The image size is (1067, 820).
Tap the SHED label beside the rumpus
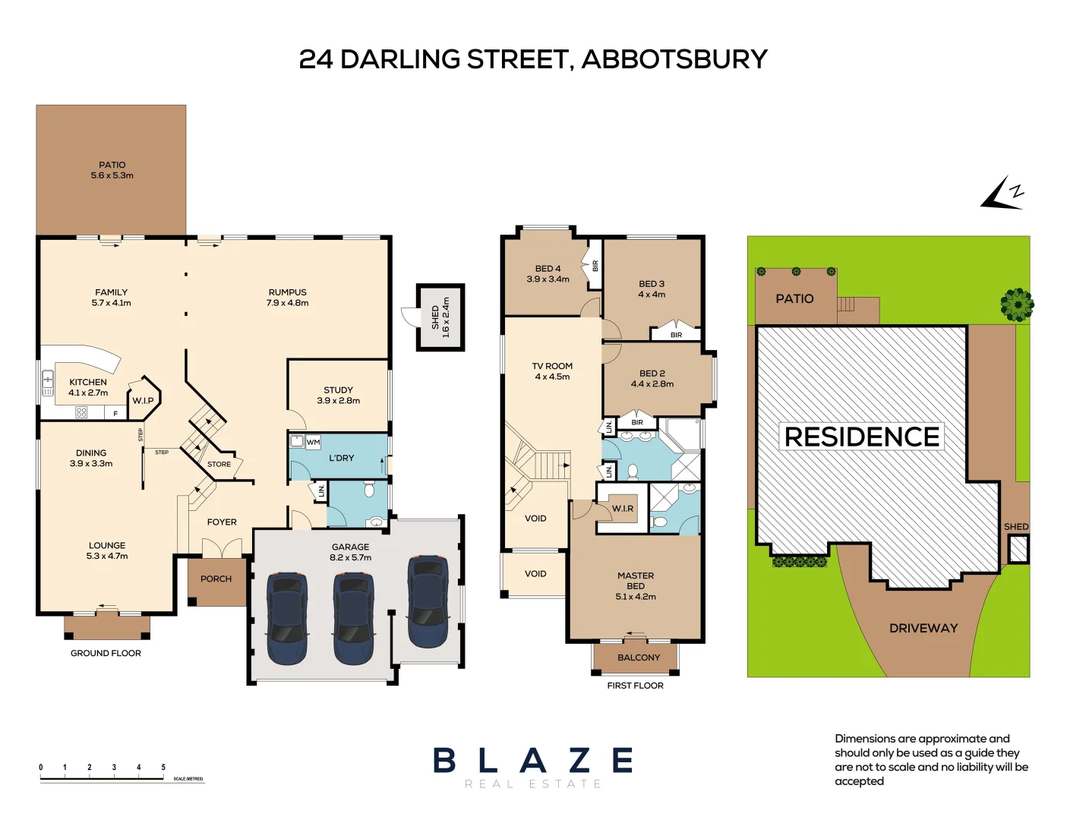tap(440, 317)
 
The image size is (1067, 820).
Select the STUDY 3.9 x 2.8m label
tap(338, 395)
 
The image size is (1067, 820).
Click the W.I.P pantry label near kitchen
tap(143, 401)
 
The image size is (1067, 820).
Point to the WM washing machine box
tap(313, 442)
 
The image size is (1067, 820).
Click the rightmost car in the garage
tap(428, 601)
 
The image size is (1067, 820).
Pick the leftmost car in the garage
tap(288, 618)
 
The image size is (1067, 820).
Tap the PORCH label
tap(216, 579)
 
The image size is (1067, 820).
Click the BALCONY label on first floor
tap(639, 658)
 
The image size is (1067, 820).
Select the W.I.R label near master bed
tap(623, 509)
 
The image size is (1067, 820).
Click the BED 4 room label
tap(548, 273)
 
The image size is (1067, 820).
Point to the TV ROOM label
tap(552, 371)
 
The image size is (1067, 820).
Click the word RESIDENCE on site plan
tap(862, 437)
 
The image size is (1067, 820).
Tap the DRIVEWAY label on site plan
tap(923, 628)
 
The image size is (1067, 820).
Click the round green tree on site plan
tap(1017, 304)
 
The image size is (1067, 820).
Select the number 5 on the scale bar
tap(163, 767)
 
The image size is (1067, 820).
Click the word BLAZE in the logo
tap(533, 760)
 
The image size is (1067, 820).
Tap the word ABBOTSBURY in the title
tap(674, 59)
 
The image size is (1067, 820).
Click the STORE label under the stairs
tap(219, 464)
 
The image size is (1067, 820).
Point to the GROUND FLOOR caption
tap(106, 653)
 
